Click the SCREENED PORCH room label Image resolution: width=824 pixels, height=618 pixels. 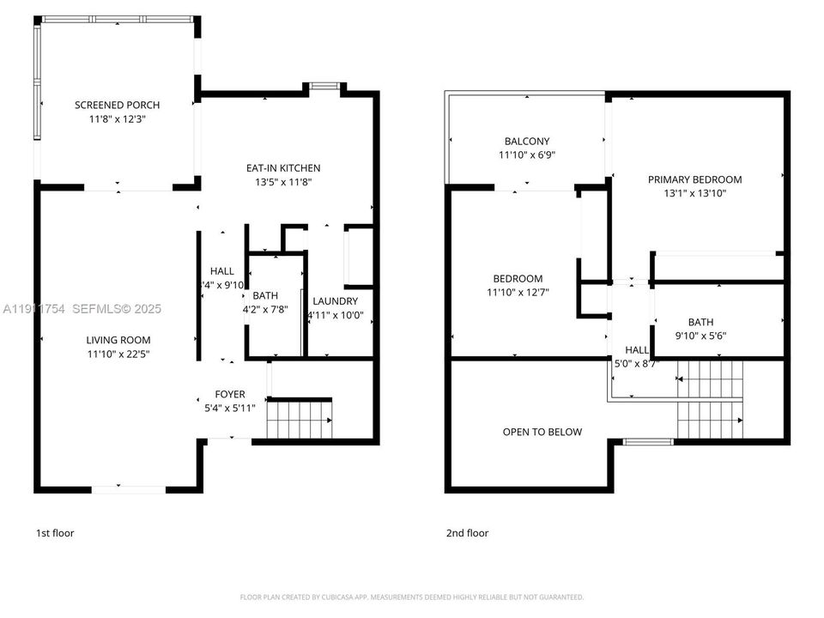117,105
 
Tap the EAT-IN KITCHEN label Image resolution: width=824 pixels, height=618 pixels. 282,168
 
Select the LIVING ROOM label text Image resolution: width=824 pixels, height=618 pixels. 118,340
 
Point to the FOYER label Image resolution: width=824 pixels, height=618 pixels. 229,395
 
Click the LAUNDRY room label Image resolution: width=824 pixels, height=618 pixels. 335,301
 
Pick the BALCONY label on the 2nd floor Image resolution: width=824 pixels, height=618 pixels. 525,142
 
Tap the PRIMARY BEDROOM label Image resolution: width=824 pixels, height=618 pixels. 694,179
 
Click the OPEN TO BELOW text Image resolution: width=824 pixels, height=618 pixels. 542,432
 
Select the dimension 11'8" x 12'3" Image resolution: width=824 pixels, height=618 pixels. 117,119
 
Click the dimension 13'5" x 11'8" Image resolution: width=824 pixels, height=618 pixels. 282,182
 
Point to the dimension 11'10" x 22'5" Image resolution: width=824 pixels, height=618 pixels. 118,354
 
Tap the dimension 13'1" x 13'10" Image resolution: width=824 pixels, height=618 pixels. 694,193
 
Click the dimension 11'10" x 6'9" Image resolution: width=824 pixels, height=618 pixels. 525,155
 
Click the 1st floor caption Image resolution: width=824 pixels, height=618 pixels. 55,533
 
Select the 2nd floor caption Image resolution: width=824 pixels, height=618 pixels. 467,533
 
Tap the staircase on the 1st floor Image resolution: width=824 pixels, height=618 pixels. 299,421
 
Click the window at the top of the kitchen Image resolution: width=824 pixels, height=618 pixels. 324,86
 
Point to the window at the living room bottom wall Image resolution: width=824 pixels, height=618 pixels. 129,489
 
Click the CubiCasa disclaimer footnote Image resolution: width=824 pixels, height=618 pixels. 411,597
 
